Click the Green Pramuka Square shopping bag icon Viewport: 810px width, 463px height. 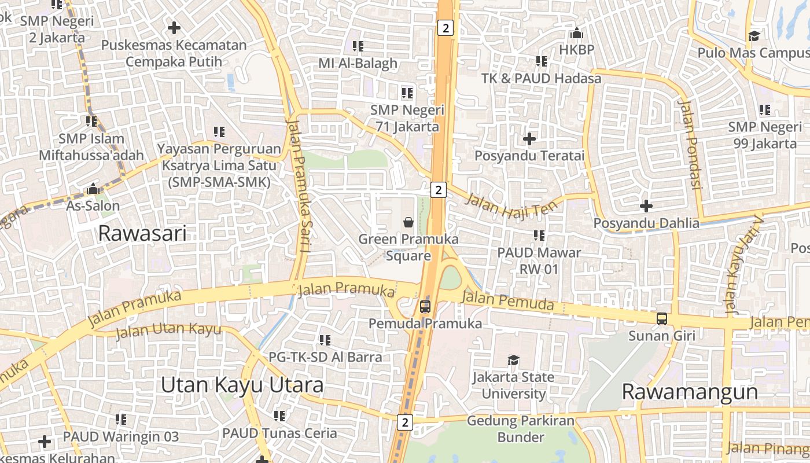coord(408,222)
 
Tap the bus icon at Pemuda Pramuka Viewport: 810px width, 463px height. coord(425,306)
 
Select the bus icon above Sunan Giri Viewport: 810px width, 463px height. coord(661,318)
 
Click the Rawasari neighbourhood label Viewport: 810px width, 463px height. coord(142,233)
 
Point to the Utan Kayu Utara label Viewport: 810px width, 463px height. coord(242,385)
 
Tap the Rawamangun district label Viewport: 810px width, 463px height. coord(690,392)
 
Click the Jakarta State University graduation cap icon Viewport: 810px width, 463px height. coord(513,360)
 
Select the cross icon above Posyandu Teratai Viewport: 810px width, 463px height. coord(529,139)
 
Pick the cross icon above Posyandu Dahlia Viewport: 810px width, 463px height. coord(646,205)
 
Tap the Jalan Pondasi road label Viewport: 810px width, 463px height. coord(690,145)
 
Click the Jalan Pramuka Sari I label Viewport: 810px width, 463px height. coord(300,185)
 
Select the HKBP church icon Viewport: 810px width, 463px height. coord(576,33)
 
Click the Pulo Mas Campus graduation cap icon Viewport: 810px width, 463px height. coord(754,36)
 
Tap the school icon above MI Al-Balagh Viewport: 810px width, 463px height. coord(358,46)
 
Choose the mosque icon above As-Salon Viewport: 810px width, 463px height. coord(93,189)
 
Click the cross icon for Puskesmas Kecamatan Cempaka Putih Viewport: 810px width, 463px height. coord(174,27)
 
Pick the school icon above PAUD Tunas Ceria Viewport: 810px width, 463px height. coord(279,416)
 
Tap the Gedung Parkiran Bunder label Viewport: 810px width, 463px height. coord(521,429)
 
